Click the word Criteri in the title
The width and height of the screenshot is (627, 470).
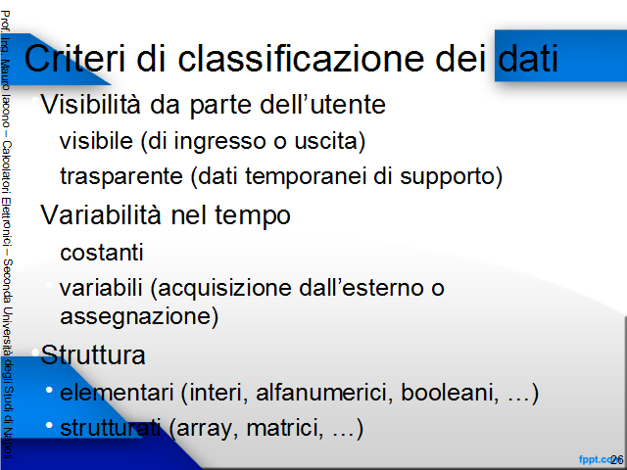pyautogui.click(x=74, y=59)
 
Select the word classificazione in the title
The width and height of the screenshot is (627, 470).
pyautogui.click(x=301, y=59)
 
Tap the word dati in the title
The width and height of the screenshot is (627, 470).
pyautogui.click(x=528, y=59)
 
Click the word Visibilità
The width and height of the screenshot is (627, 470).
pyautogui.click(x=91, y=105)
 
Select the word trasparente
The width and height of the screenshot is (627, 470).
pyautogui.click(x=121, y=176)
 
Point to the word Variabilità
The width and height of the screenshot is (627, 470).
pyautogui.click(x=101, y=214)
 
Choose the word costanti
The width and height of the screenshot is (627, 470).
pyautogui.click(x=102, y=253)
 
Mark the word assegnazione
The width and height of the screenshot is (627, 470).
pyautogui.click(x=135, y=316)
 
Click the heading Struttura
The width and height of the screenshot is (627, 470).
pyautogui.click(x=93, y=354)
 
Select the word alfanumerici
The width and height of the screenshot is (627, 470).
pyautogui.click(x=325, y=392)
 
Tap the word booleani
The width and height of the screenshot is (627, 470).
pyautogui.click(x=450, y=392)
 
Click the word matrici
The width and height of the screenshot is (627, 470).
pyautogui.click(x=285, y=428)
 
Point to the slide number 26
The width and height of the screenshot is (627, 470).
pyautogui.click(x=616, y=460)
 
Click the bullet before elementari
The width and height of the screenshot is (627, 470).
pyautogui.click(x=49, y=390)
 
